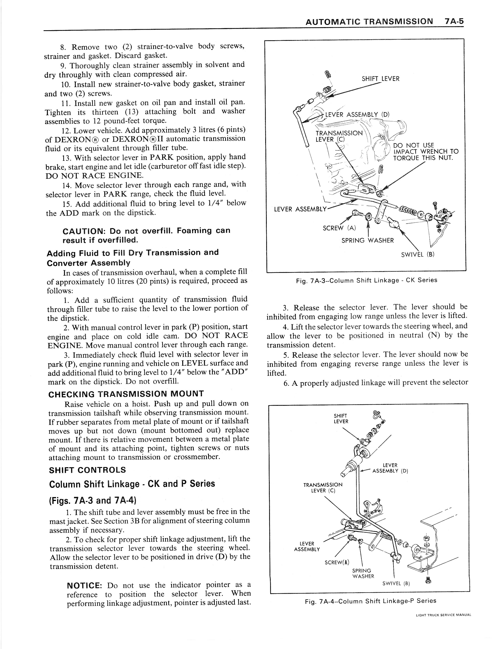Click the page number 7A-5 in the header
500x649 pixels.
pyautogui.click(x=454, y=22)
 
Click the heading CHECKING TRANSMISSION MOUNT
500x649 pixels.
pyautogui.click(x=126, y=394)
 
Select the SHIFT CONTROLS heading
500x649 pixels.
pyautogui.click(x=87, y=470)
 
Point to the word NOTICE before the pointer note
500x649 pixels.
pyautogui.click(x=84, y=586)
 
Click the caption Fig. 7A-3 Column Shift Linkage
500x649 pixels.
pyautogui.click(x=367, y=280)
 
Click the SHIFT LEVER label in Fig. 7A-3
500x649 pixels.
pyautogui.click(x=380, y=79)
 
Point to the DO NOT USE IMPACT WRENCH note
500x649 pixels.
pyautogui.click(x=425, y=152)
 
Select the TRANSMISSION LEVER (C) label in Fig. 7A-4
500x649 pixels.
pyautogui.click(x=323, y=488)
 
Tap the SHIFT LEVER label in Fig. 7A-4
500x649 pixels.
pyautogui.click(x=341, y=418)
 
